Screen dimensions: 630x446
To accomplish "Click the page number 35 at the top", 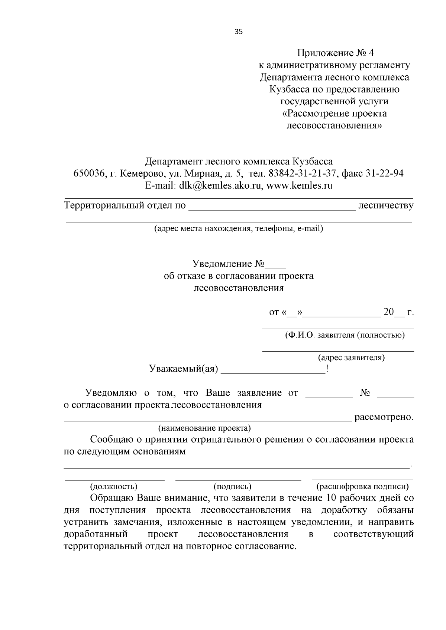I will click(x=239, y=32).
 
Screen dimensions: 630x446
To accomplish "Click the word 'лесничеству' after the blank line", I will click(x=385, y=205).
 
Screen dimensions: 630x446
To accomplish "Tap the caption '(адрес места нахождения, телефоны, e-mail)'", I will click(x=239, y=229).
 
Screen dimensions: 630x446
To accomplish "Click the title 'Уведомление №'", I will click(x=228, y=264).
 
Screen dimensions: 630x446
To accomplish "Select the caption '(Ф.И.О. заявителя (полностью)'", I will click(x=345, y=336).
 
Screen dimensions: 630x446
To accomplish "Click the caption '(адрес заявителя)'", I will click(x=351, y=358).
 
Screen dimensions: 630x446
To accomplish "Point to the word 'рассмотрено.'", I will click(x=384, y=417).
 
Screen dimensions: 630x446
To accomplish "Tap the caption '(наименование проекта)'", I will click(x=204, y=428).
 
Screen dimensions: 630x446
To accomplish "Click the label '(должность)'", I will click(x=114, y=486).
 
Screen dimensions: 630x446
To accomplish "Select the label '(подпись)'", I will click(x=232, y=486).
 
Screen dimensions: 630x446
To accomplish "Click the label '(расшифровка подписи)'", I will click(x=362, y=486).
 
